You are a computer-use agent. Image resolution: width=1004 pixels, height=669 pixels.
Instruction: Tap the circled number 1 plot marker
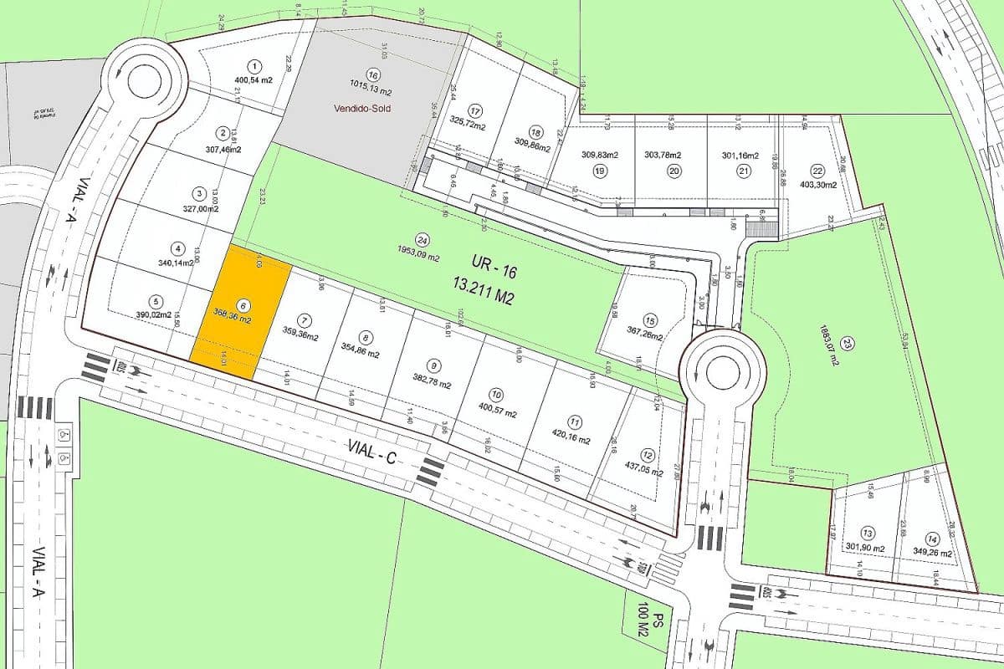point(254,66)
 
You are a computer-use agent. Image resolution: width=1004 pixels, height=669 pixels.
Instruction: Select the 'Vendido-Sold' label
point(361,109)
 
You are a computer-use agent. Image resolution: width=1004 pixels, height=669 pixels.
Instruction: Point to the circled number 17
point(476,111)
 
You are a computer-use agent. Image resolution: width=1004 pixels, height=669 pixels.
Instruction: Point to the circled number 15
point(650,319)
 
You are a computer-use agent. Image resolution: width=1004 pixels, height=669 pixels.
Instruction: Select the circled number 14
point(932,539)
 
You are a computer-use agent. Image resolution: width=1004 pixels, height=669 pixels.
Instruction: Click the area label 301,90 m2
point(866,548)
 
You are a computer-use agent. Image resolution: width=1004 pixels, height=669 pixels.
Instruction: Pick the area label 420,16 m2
point(571,441)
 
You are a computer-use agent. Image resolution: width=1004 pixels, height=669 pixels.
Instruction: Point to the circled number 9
point(433,365)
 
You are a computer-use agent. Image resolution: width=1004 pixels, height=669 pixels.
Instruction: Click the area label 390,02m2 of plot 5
point(153,317)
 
